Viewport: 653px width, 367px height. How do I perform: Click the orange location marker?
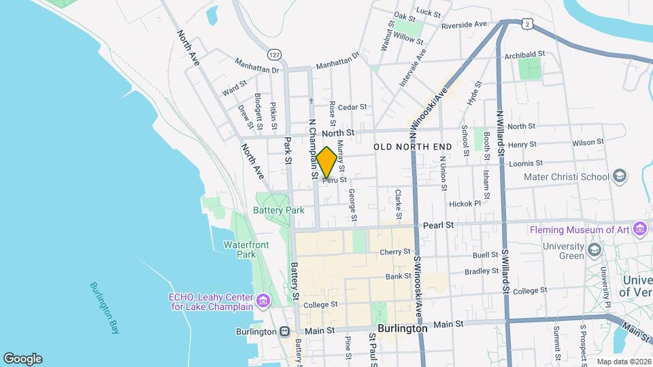pyautogui.click(x=326, y=162)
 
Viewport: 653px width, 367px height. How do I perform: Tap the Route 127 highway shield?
pyautogui.click(x=273, y=54)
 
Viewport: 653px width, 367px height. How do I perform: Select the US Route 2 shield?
pyautogui.click(x=527, y=24)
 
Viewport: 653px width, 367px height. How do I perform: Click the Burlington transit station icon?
pyautogui.click(x=284, y=332)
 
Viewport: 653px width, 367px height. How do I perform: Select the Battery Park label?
pyautogui.click(x=279, y=210)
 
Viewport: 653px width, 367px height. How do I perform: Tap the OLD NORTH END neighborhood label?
pyautogui.click(x=413, y=147)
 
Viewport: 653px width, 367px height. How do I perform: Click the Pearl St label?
pyautogui.click(x=437, y=224)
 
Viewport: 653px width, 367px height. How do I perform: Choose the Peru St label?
pyautogui.click(x=335, y=180)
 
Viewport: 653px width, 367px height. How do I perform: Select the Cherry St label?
pyautogui.click(x=395, y=251)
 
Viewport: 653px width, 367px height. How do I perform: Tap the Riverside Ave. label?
pyautogui.click(x=465, y=25)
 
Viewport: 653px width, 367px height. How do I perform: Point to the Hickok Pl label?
pyautogui.click(x=465, y=203)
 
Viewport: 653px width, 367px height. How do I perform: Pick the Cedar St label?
pyautogui.click(x=352, y=107)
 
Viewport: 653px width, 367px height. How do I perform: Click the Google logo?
pyautogui.click(x=22, y=358)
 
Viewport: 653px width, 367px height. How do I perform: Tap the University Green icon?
pyautogui.click(x=595, y=249)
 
